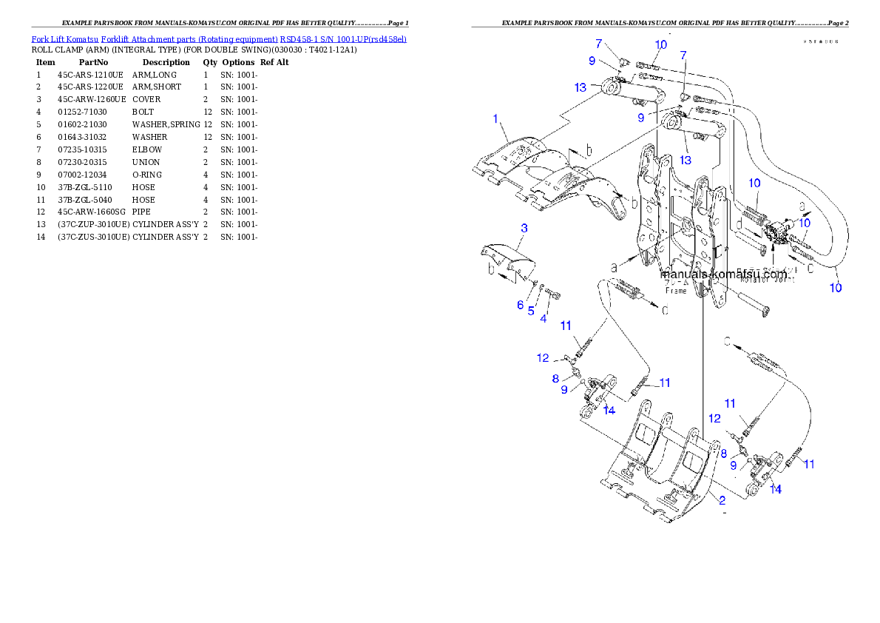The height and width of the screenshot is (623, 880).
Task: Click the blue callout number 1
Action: [495, 118]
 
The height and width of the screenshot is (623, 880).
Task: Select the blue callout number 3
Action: [524, 229]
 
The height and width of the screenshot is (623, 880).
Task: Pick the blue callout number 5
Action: [531, 311]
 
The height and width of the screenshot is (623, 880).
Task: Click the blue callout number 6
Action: [520, 304]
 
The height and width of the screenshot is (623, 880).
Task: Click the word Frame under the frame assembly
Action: [676, 291]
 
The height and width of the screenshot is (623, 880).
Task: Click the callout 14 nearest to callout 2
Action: [775, 489]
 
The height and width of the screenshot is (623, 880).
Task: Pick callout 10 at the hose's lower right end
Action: [835, 288]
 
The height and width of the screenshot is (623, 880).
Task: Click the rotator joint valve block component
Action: [776, 235]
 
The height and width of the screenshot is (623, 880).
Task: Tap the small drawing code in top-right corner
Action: [821, 42]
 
